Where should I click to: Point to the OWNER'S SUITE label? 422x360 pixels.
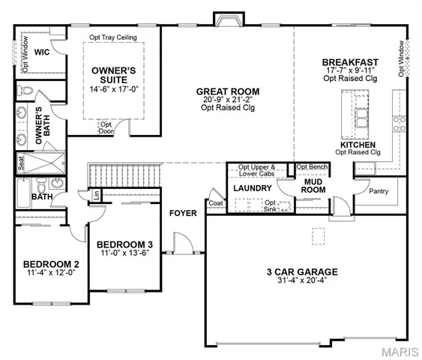(x=112, y=75)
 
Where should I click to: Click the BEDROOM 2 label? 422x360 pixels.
(x=51, y=264)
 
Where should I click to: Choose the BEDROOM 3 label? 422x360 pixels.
(x=124, y=244)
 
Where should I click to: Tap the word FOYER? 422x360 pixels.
(x=183, y=213)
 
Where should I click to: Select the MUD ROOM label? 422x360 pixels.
(x=313, y=185)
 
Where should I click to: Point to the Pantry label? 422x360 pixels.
(x=379, y=191)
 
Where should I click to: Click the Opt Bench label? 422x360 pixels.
(x=312, y=166)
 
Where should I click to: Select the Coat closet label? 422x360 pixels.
(x=216, y=202)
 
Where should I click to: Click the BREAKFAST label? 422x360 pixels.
(x=350, y=61)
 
